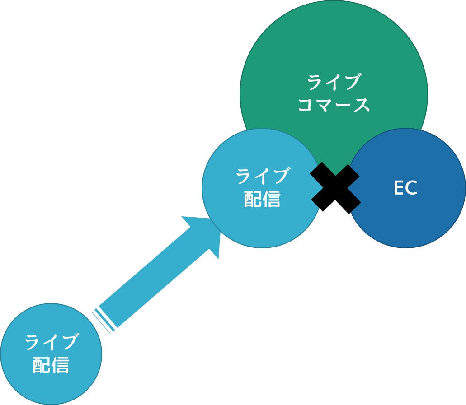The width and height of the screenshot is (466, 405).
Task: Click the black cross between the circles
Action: click(335, 188)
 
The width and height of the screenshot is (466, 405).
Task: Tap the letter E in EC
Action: click(398, 188)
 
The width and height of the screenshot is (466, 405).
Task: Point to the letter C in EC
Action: click(411, 188)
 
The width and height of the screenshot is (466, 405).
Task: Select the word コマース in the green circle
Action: click(334, 105)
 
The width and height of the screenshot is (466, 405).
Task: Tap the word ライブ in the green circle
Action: click(334, 83)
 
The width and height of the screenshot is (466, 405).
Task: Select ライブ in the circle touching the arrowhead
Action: click(262, 176)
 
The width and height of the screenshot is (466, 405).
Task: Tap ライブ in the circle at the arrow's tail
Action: click(51, 342)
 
